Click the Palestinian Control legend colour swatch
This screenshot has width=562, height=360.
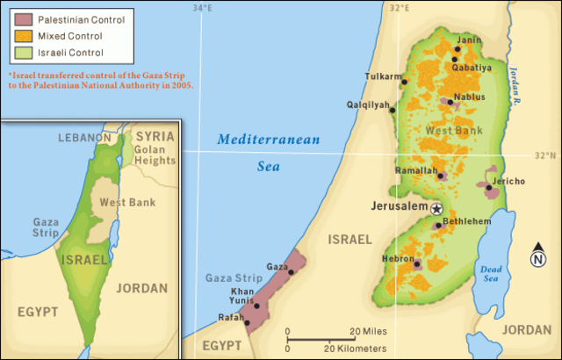(x=20, y=18)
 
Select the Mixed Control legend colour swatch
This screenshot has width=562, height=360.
(x=20, y=36)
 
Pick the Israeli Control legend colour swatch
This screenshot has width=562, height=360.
(x=20, y=54)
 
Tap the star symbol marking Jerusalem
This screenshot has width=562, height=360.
(x=436, y=208)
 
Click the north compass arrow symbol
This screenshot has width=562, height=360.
(x=537, y=256)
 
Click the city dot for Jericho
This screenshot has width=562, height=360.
(x=487, y=186)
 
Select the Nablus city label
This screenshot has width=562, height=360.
(x=469, y=97)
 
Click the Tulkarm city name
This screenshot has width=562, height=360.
(x=382, y=76)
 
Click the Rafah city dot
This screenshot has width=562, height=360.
(x=248, y=323)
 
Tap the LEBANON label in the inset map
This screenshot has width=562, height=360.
(x=84, y=138)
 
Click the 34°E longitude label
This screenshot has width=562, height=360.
(x=203, y=8)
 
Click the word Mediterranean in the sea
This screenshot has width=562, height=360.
(x=270, y=139)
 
